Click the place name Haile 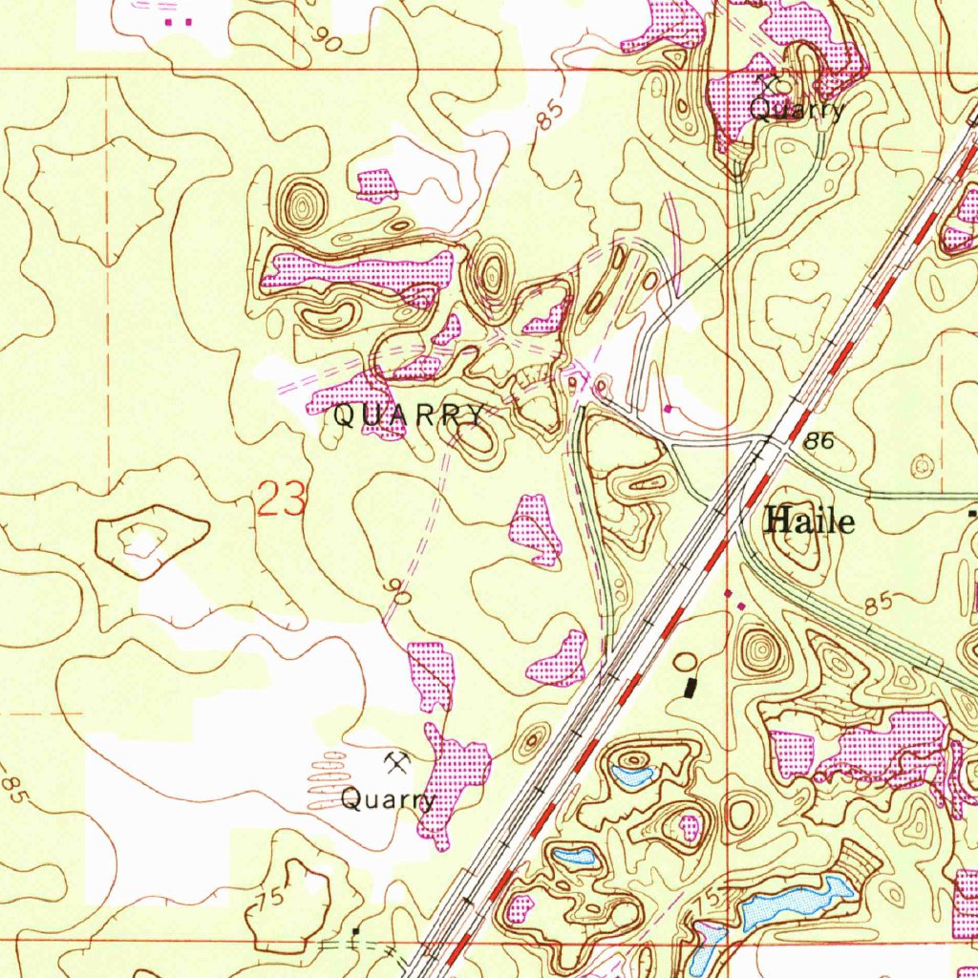pos(810,521)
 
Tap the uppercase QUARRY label pos(408,416)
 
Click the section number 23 pos(282,500)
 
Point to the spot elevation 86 pos(819,440)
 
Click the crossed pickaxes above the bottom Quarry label pos(397,761)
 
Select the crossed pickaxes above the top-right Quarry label pos(766,84)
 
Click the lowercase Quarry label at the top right pos(797,110)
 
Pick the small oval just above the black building pos(686,660)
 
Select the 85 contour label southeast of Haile pos(880,605)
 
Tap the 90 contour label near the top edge pos(330,39)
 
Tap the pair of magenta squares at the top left pos(178,20)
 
